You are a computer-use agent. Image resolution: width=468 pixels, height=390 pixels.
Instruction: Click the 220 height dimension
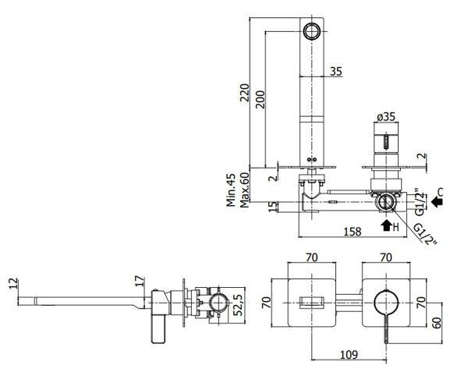click(x=245, y=93)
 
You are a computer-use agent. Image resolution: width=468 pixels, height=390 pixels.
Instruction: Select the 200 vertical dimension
click(x=261, y=99)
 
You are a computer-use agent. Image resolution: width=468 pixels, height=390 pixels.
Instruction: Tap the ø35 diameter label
click(x=386, y=116)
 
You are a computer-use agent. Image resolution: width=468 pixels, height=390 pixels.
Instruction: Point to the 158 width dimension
click(x=353, y=232)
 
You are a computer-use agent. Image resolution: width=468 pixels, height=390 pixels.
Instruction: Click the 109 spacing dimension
click(x=349, y=355)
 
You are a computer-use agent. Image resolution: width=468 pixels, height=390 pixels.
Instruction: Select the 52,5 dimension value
click(x=239, y=304)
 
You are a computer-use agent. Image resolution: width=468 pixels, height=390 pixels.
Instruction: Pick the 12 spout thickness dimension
click(x=13, y=283)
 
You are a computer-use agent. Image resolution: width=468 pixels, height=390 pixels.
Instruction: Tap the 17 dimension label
click(x=140, y=282)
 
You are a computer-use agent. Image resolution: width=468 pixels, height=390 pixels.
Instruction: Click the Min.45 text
click(x=231, y=190)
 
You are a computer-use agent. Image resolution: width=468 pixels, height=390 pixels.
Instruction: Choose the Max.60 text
click(x=244, y=190)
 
